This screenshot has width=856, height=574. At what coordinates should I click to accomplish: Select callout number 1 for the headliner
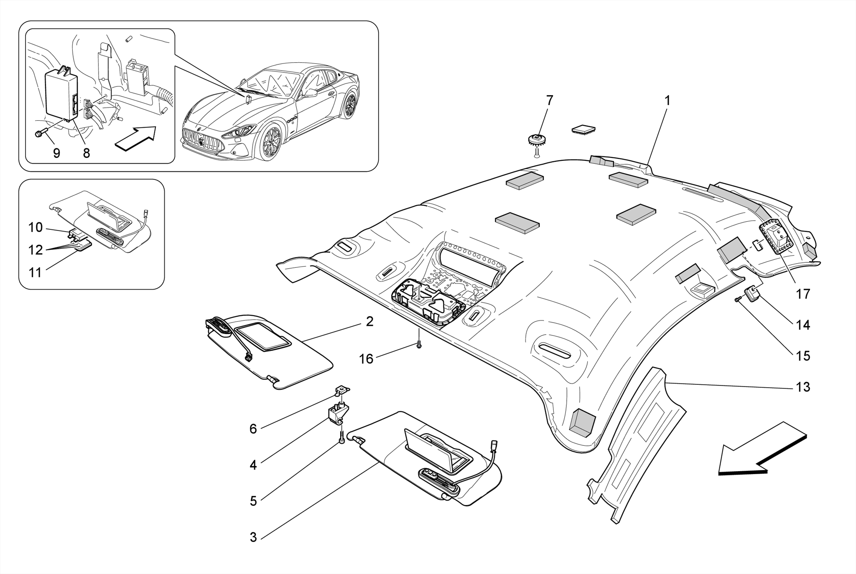(x=667, y=101)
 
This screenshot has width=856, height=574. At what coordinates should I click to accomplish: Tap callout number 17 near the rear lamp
(x=802, y=294)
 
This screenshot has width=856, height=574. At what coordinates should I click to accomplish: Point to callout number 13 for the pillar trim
(x=802, y=387)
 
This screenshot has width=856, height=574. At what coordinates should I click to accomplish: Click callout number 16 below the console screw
(x=366, y=359)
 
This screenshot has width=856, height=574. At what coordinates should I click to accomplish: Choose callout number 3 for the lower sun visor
(x=253, y=537)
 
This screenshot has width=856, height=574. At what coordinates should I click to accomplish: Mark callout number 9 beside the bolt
(x=56, y=153)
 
